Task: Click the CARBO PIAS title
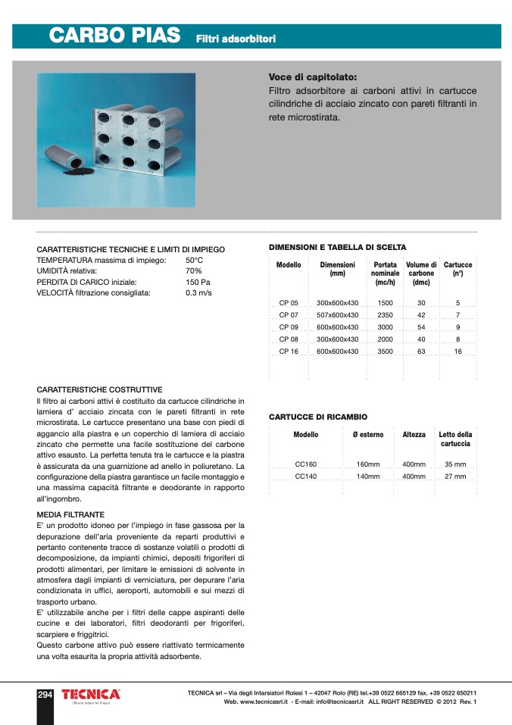(114, 36)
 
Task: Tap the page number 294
(45, 695)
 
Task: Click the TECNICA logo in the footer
(91, 695)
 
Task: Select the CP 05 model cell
(289, 302)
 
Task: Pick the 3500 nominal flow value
(385, 352)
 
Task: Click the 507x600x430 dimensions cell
(337, 314)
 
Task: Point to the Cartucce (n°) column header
(457, 269)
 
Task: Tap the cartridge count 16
(457, 352)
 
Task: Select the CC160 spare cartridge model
(305, 464)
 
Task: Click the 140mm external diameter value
(368, 477)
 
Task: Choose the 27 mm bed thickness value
(455, 477)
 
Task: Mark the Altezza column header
(414, 435)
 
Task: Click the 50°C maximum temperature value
(194, 260)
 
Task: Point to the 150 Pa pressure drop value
(198, 281)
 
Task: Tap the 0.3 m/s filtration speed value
(198, 292)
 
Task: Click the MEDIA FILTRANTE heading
(70, 514)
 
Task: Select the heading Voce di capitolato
(312, 77)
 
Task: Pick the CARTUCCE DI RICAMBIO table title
(318, 417)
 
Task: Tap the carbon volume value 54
(421, 327)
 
